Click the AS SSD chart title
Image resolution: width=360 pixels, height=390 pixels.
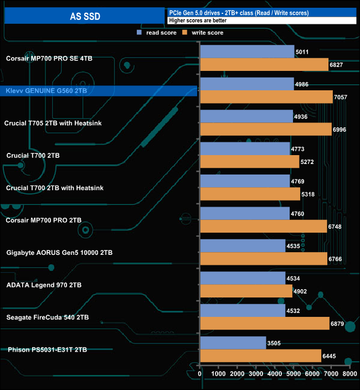85,16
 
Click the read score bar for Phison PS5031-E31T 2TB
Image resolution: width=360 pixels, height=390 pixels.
233,343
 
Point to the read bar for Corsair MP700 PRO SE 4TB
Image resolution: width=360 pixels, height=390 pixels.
246,52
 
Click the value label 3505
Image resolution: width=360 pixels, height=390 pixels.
275,343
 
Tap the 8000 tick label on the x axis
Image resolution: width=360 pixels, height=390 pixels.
349,374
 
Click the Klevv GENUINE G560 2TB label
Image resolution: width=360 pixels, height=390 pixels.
46,90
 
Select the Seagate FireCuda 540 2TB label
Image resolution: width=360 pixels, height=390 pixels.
47,317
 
